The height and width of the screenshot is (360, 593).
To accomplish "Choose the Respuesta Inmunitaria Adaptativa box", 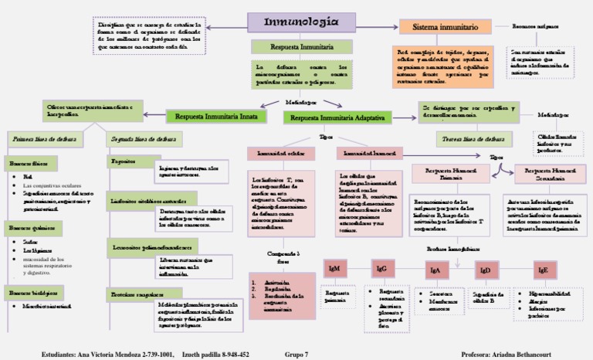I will click(x=338, y=117).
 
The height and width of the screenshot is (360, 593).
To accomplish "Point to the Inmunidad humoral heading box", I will click(x=364, y=153).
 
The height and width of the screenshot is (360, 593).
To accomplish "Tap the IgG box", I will click(x=381, y=269).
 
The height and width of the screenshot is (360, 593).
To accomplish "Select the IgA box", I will click(x=435, y=270).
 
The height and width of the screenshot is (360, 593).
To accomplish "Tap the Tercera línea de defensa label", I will click(x=463, y=139).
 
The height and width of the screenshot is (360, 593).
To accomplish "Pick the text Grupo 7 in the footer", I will click(x=296, y=354).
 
